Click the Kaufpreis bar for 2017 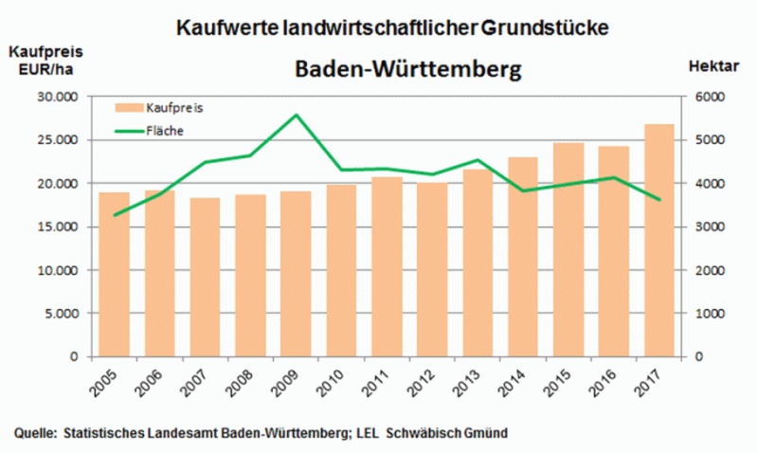click(x=659, y=241)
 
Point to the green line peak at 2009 click(x=295, y=115)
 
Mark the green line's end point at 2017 click(x=659, y=199)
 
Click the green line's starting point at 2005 click(x=114, y=215)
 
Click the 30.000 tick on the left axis click(x=55, y=97)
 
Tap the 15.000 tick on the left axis click(x=55, y=226)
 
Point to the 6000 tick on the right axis click(x=710, y=97)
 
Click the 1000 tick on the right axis click(x=710, y=314)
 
